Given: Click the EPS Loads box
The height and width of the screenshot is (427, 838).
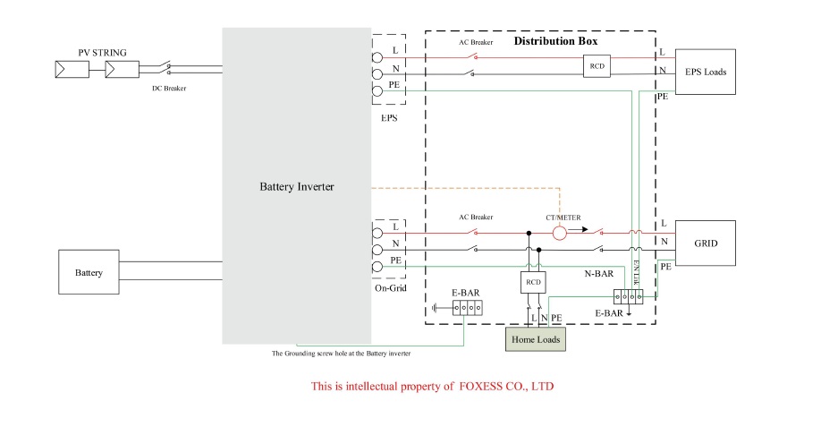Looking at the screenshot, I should tap(705, 72).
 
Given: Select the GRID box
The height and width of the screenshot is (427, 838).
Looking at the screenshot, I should tap(705, 243).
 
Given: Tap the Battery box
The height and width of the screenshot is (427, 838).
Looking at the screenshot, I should tap(88, 272).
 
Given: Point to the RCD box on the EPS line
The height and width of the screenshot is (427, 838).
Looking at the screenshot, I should tap(597, 66).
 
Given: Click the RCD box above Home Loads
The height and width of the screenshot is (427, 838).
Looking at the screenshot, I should tap(533, 283).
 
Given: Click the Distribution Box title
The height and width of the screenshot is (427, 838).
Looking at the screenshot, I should tap(555, 41).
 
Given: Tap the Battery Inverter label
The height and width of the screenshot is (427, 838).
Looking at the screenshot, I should tap(296, 186).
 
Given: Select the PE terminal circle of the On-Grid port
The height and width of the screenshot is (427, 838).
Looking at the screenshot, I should tap(377, 266).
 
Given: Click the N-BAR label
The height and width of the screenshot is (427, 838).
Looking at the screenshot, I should tap(598, 274).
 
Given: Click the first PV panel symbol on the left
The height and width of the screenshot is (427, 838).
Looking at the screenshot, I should tap(72, 68).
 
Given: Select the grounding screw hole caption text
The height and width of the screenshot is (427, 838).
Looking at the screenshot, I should tap(341, 354).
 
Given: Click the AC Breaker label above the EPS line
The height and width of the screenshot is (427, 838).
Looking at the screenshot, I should tap(476, 44).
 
